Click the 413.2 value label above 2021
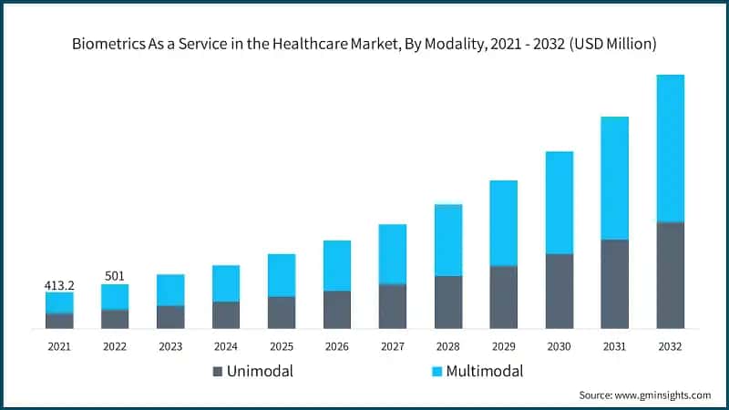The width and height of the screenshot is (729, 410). click(x=59, y=285)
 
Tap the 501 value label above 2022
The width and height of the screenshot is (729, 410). click(x=115, y=276)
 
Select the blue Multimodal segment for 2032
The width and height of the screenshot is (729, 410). click(x=670, y=148)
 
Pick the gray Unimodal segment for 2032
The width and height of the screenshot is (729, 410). click(x=670, y=274)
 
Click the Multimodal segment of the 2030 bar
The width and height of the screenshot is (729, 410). click(x=559, y=202)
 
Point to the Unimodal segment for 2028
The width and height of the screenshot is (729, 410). click(x=447, y=302)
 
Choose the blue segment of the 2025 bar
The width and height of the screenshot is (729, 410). click(x=281, y=275)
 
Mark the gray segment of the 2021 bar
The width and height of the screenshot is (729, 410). click(x=59, y=321)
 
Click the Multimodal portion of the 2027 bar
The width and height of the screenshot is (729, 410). click(x=392, y=254)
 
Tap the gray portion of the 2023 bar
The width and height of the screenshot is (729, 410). click(x=170, y=316)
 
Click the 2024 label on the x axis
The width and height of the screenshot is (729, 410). click(x=226, y=346)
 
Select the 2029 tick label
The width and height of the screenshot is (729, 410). click(x=503, y=346)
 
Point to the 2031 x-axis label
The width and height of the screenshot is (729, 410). click(x=614, y=346)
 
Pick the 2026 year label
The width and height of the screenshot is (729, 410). click(x=336, y=346)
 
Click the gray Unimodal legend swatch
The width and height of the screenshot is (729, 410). click(x=217, y=371)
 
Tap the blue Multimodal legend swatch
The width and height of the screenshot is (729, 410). click(x=436, y=371)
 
